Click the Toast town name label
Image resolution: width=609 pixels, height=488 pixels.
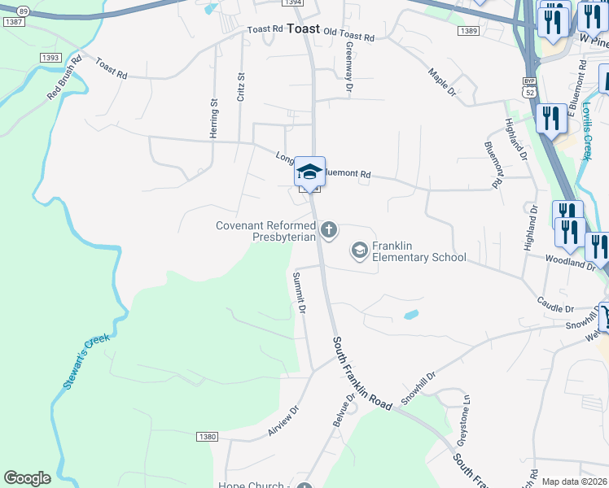[303, 28]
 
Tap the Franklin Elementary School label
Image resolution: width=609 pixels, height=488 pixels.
[418, 251]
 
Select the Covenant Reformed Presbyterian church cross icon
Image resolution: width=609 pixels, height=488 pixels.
[329, 230]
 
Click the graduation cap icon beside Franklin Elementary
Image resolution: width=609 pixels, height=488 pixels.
[359, 251]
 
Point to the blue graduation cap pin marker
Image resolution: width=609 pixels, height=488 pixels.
[309, 172]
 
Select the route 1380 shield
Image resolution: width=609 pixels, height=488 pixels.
[207, 437]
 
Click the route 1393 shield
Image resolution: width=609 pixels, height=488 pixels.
[50, 58]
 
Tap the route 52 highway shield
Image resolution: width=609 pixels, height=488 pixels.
[529, 92]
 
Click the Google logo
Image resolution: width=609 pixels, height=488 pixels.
[27, 478]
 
